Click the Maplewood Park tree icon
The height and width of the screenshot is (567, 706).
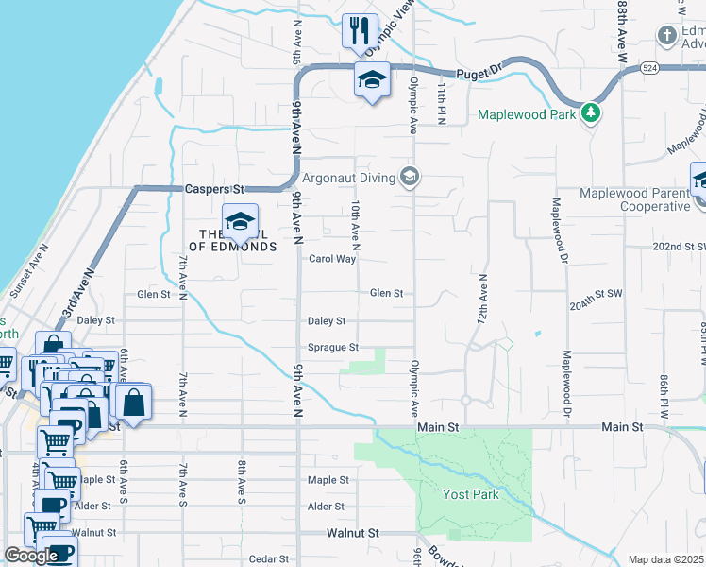592,113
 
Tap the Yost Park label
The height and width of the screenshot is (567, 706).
471,494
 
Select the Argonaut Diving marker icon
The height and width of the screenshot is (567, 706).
410,177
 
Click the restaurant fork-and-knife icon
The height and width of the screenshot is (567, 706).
357,30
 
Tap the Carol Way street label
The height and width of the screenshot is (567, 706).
332,259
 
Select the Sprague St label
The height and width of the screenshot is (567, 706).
332,348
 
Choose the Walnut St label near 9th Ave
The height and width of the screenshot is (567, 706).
353,533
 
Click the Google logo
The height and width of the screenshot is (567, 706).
31,556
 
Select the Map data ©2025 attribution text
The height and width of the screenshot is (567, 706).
666,559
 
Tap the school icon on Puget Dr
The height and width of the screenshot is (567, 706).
372,80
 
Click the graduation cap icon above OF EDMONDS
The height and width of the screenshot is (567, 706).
240,222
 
